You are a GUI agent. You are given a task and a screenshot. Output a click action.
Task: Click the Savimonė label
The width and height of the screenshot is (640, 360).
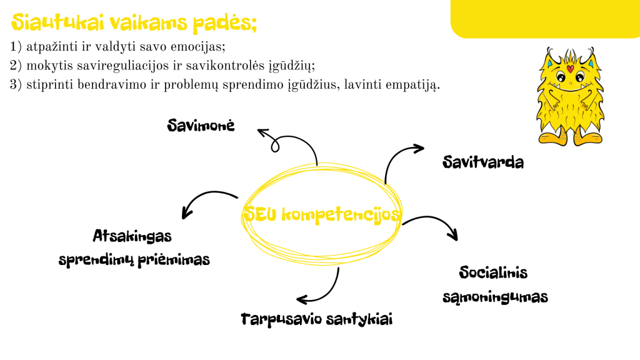click(x=201, y=125)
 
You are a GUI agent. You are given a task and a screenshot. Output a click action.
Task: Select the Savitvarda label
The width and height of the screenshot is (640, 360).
click(x=483, y=162)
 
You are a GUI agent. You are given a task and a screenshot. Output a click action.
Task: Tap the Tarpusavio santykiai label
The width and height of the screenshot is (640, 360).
click(x=317, y=319)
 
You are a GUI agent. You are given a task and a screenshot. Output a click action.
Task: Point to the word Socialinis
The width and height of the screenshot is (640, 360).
click(x=493, y=272)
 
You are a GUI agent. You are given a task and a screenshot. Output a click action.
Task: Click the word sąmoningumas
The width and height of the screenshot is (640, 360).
click(x=495, y=297)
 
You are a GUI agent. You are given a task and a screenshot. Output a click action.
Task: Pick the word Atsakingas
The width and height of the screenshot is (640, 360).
click(x=132, y=236)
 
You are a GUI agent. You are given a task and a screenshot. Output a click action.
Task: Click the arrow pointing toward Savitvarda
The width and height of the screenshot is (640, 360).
click(x=394, y=157)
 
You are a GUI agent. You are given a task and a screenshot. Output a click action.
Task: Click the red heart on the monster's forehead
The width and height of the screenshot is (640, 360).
click(x=570, y=68)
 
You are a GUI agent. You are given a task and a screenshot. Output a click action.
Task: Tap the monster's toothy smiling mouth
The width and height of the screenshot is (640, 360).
click(x=570, y=87)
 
